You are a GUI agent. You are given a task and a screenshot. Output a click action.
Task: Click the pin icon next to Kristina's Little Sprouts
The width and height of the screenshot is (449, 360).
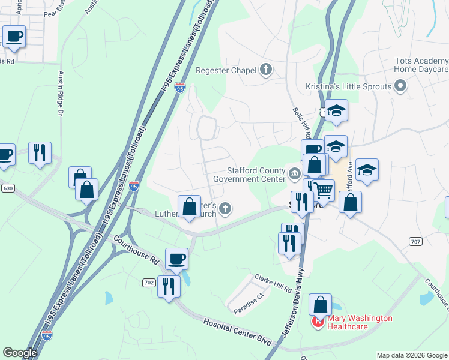click(401, 86)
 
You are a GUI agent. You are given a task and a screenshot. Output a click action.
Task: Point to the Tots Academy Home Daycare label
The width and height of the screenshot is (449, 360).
click(421, 65)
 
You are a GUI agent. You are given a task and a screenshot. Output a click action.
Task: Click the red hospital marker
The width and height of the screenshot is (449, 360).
click(317, 323)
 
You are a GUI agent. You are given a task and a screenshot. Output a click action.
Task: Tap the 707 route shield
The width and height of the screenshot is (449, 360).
click(414, 241)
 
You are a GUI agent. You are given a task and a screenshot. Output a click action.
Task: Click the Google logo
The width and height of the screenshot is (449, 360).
click(20, 353)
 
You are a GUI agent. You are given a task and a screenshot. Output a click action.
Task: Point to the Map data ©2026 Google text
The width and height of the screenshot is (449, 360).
click(412, 355)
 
